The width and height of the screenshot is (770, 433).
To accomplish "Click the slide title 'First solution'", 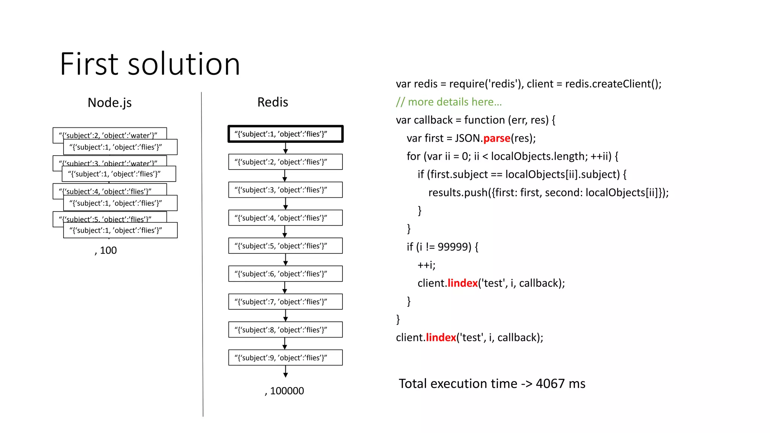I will [x=150, y=64].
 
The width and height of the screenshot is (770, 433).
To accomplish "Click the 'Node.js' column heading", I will [x=109, y=103].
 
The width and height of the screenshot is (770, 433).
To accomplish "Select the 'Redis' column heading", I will [x=273, y=102].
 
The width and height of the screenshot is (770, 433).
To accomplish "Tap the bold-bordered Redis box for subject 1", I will [x=285, y=134].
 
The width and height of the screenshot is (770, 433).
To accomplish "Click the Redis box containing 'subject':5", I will [x=285, y=246].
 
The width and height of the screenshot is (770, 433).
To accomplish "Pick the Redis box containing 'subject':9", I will [x=285, y=357].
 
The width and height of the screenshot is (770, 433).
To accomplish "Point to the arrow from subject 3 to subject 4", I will [x=285, y=203].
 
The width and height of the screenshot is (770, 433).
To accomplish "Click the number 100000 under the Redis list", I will [x=286, y=391].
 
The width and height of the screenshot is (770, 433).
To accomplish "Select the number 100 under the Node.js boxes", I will [x=108, y=250].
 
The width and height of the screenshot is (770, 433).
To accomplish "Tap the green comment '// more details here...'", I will [x=449, y=102].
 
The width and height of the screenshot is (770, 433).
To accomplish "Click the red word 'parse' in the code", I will [x=497, y=138].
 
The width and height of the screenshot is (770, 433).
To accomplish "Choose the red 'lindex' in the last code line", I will [x=441, y=338].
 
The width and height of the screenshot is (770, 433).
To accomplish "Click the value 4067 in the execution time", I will [x=550, y=384].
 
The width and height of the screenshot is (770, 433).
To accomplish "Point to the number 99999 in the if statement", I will [x=454, y=247].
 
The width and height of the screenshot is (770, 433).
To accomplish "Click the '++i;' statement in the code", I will [x=426, y=265].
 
